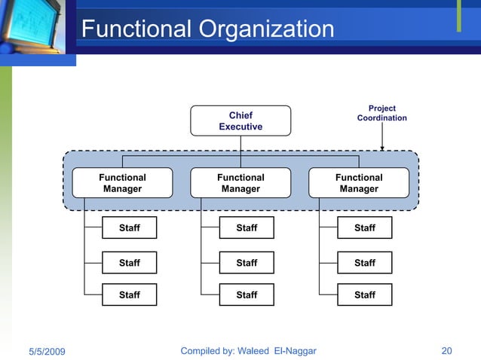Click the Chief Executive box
click(x=240, y=121)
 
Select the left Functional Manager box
click(x=122, y=183)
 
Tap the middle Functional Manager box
click(x=240, y=183)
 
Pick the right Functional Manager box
click(x=359, y=183)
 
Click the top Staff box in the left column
click(x=130, y=227)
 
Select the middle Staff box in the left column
click(x=130, y=263)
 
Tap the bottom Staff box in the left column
click(x=130, y=294)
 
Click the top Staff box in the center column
click(x=247, y=227)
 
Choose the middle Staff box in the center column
click(x=247, y=263)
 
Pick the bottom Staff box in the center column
click(x=247, y=294)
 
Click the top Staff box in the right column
click(x=364, y=227)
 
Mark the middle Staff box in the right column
click(x=364, y=263)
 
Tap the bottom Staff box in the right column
click(x=364, y=294)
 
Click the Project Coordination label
click(x=381, y=114)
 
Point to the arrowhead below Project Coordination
click(x=382, y=148)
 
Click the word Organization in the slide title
click(x=266, y=29)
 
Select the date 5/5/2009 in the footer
click(x=47, y=352)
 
